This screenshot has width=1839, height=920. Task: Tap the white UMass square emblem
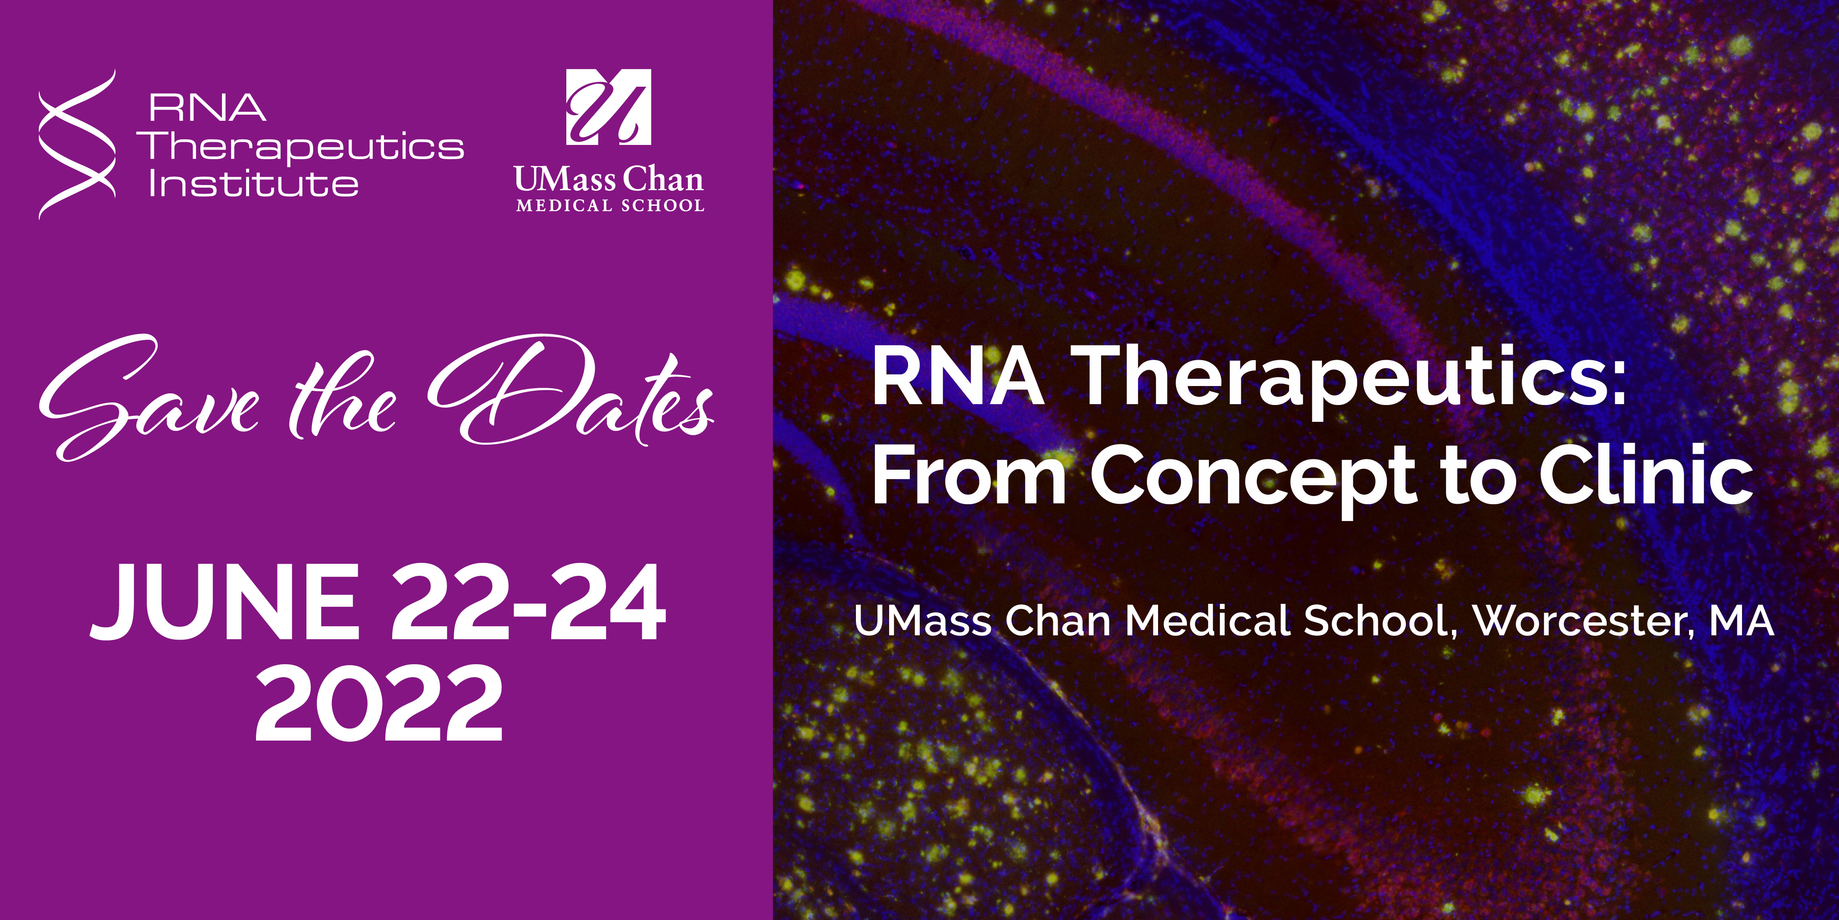click(608, 107)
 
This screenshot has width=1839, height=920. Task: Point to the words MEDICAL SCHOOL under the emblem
click(610, 206)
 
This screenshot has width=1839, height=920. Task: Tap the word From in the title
click(969, 475)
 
